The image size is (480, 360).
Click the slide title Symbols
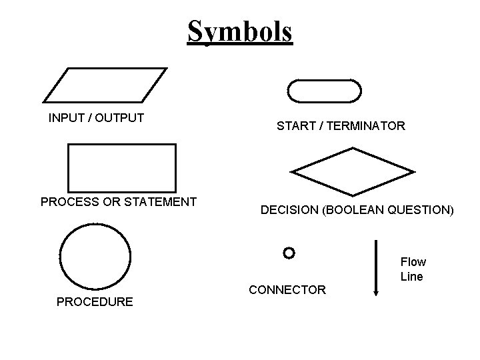click(x=240, y=31)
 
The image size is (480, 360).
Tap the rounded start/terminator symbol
click(x=324, y=91)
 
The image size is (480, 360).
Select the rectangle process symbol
click(x=122, y=167)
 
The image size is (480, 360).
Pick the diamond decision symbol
click(x=353, y=172)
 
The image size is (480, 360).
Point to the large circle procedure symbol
click(x=95, y=256)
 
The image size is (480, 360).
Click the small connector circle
click(x=288, y=253)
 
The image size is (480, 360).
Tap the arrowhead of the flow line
click(x=377, y=289)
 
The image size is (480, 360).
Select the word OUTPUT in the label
click(x=119, y=119)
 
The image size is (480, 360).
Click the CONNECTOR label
click(x=287, y=289)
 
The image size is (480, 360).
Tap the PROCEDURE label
click(x=95, y=302)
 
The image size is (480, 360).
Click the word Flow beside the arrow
click(x=413, y=262)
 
